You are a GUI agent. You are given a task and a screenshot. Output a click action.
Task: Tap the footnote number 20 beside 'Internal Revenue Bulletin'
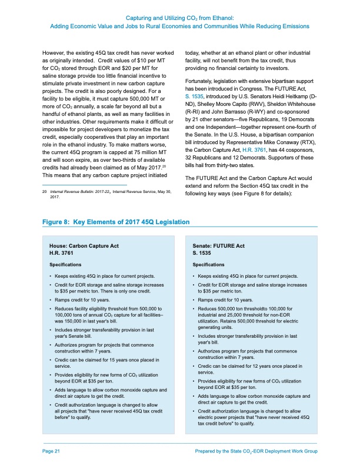coord(44,192)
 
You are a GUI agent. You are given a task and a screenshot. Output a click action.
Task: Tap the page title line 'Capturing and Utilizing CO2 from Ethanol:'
coord(180,19)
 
